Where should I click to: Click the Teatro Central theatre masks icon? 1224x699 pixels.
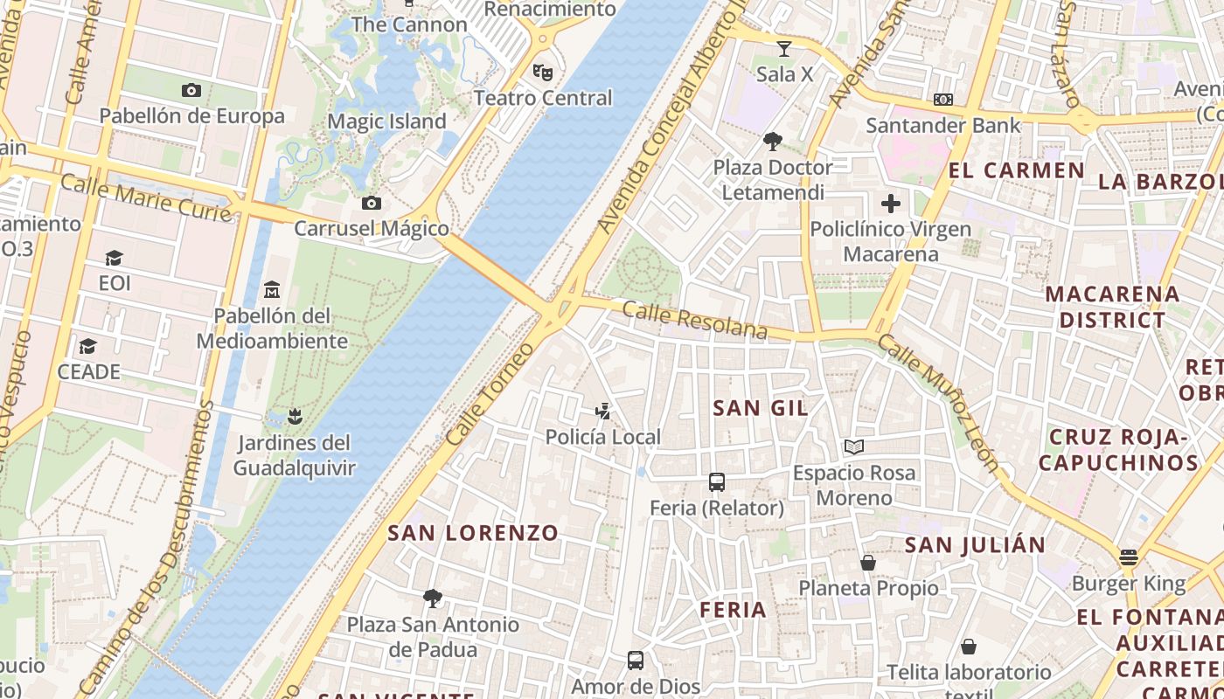click(x=543, y=72)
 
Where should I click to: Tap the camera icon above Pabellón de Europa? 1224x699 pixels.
click(x=191, y=90)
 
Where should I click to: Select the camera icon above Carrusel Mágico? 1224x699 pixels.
click(x=372, y=204)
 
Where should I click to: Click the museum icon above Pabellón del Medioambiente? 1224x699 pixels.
click(x=272, y=289)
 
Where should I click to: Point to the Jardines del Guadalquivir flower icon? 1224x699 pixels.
click(x=295, y=416)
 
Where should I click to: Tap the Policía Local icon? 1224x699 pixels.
click(x=602, y=411)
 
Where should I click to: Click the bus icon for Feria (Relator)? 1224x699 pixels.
click(x=717, y=481)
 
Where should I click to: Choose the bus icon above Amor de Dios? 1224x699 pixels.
click(x=636, y=660)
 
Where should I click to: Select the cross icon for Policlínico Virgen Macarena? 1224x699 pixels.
click(x=891, y=204)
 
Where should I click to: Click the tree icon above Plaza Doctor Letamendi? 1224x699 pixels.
click(x=772, y=141)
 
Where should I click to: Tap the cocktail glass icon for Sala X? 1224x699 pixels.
click(x=784, y=48)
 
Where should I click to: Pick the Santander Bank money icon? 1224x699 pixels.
click(x=942, y=100)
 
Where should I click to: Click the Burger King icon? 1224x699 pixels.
click(x=1129, y=557)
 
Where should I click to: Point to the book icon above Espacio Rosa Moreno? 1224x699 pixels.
click(x=854, y=447)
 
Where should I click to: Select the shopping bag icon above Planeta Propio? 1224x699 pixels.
click(x=868, y=563)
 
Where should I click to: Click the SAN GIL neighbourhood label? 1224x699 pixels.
click(x=761, y=408)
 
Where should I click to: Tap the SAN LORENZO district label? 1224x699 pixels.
click(x=473, y=532)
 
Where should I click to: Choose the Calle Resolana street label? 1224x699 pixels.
click(x=695, y=321)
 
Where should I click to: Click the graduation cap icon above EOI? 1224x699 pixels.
click(x=114, y=258)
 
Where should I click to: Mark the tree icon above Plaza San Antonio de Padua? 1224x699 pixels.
click(x=432, y=599)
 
